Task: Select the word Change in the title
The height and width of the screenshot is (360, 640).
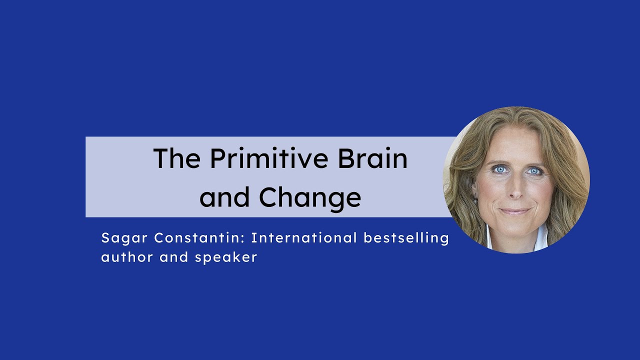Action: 310,198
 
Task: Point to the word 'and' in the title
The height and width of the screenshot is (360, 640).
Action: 224,198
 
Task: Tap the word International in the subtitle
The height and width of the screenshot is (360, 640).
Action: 304,238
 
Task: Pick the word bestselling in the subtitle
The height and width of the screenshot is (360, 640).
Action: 406,238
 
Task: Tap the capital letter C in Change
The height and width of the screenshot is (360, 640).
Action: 268,198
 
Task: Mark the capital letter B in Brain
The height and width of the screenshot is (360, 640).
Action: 345,158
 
